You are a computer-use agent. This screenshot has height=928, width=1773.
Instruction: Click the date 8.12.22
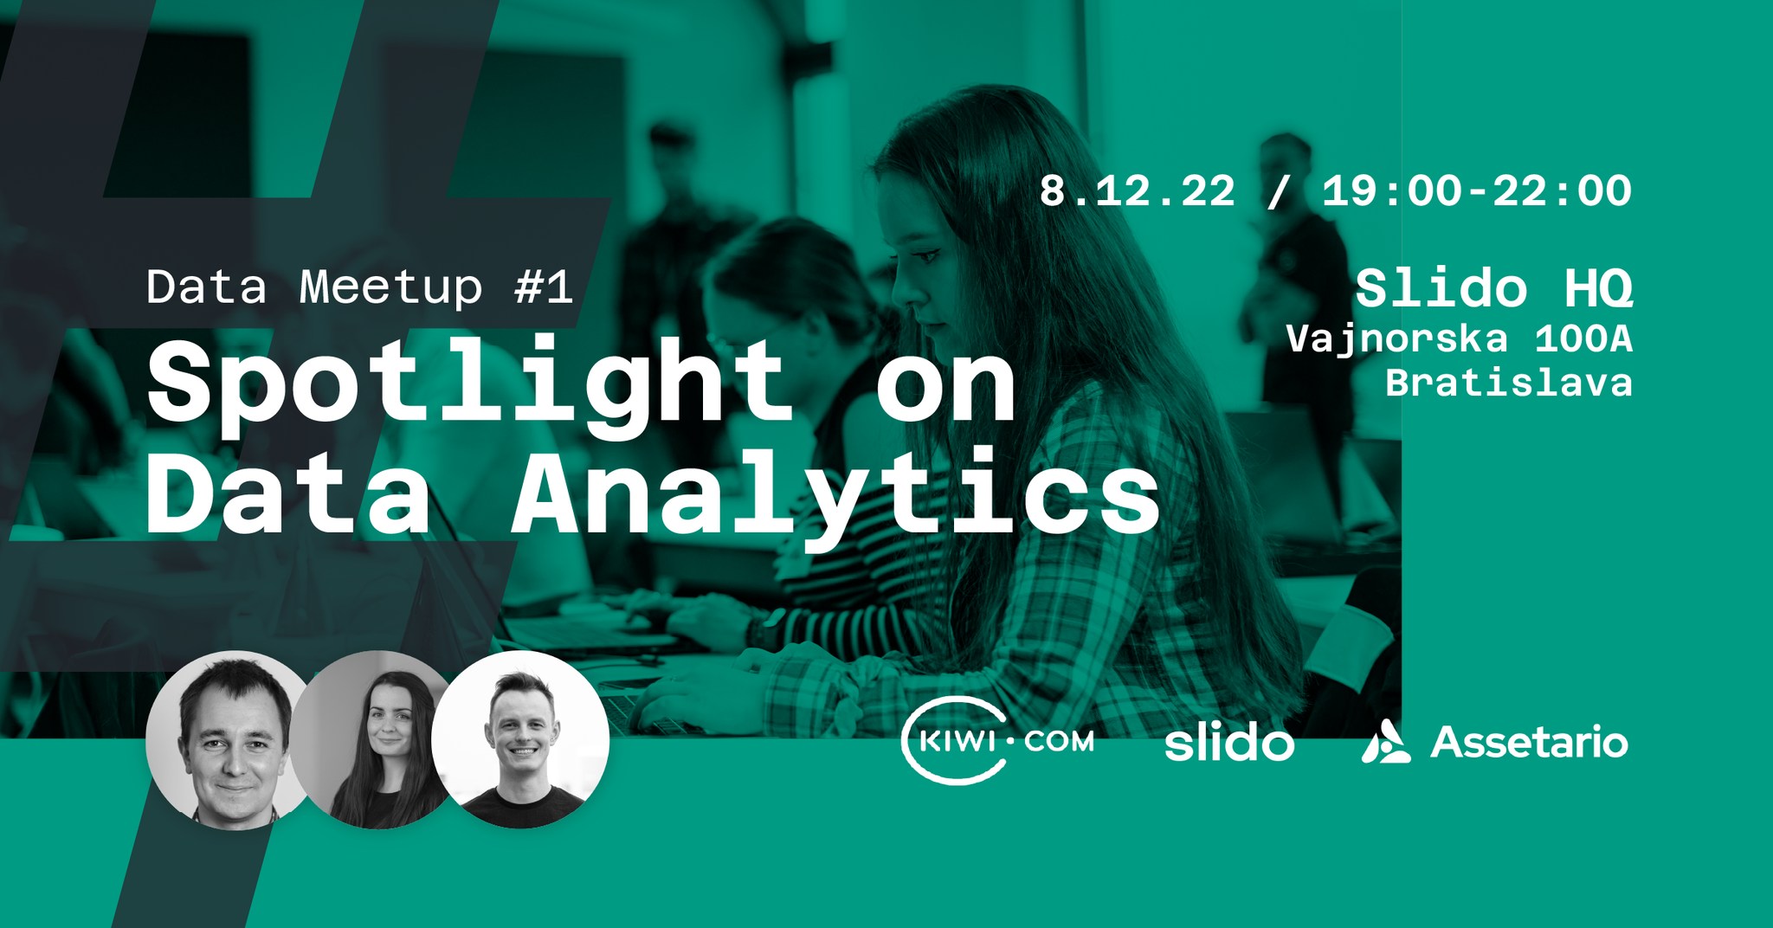[x=1137, y=190]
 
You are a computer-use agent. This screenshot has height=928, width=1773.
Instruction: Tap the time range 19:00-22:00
[x=1476, y=190]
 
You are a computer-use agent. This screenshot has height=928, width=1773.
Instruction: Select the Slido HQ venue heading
[x=1493, y=287]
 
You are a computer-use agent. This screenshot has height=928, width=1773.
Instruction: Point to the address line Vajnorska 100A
[x=1459, y=339]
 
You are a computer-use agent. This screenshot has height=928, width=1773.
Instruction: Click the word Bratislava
[x=1509, y=382]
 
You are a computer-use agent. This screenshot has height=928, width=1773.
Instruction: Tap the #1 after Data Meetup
[x=544, y=287]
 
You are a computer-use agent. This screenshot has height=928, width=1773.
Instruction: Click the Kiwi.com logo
[x=997, y=741]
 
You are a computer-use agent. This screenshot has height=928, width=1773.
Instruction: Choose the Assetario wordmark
[x=1529, y=743]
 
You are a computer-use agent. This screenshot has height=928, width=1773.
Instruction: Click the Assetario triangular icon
[x=1385, y=742]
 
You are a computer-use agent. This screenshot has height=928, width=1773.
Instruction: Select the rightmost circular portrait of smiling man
[x=520, y=739]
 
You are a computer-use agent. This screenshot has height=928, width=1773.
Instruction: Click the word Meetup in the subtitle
[x=390, y=287]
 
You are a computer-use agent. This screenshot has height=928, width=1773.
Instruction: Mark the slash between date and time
[x=1277, y=190]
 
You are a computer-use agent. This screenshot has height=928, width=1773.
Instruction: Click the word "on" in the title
[x=946, y=389]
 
